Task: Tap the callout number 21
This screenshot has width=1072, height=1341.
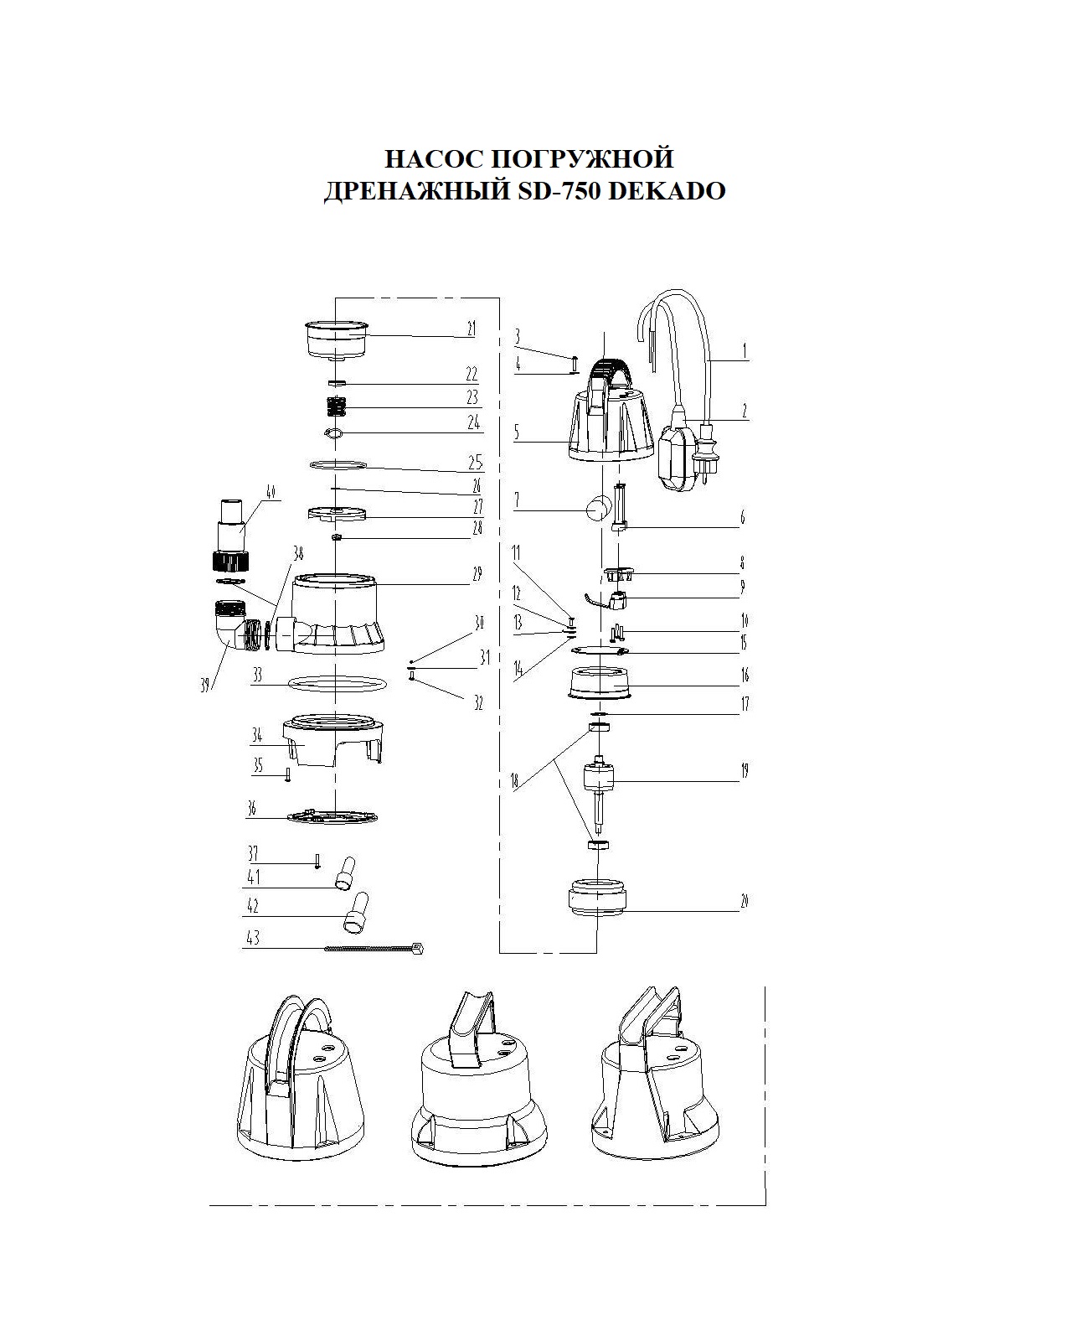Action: (472, 329)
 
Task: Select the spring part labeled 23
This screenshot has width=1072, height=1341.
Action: (336, 406)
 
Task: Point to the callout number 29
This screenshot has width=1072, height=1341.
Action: (477, 575)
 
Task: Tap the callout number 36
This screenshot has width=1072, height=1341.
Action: (251, 809)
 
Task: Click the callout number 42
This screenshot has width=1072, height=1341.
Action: (251, 907)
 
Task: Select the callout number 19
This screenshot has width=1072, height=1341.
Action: (744, 772)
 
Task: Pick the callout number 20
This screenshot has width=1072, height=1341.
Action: (744, 901)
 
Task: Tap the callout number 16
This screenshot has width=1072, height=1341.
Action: (744, 676)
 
